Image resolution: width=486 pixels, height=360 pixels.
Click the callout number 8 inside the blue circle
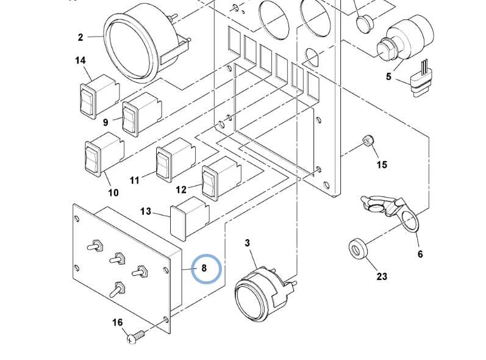(204, 268)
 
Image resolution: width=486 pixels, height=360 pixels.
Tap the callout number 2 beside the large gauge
(80, 37)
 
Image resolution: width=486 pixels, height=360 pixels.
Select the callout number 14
(80, 60)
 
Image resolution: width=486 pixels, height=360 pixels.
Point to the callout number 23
(382, 276)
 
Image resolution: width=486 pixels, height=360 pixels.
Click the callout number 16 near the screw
(117, 323)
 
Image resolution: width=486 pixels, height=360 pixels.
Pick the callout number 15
(382, 165)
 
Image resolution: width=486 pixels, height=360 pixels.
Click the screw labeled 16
(136, 337)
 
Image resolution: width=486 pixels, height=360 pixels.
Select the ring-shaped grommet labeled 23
(358, 249)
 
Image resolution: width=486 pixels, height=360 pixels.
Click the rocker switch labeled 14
(100, 96)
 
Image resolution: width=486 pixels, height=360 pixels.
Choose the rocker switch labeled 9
(142, 114)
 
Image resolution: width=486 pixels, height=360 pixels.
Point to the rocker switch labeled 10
(104, 154)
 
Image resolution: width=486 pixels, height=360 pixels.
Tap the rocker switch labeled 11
(176, 160)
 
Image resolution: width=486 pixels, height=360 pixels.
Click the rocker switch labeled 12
(221, 179)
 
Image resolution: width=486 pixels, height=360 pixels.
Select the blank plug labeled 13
(190, 218)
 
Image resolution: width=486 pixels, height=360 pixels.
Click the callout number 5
(388, 77)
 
